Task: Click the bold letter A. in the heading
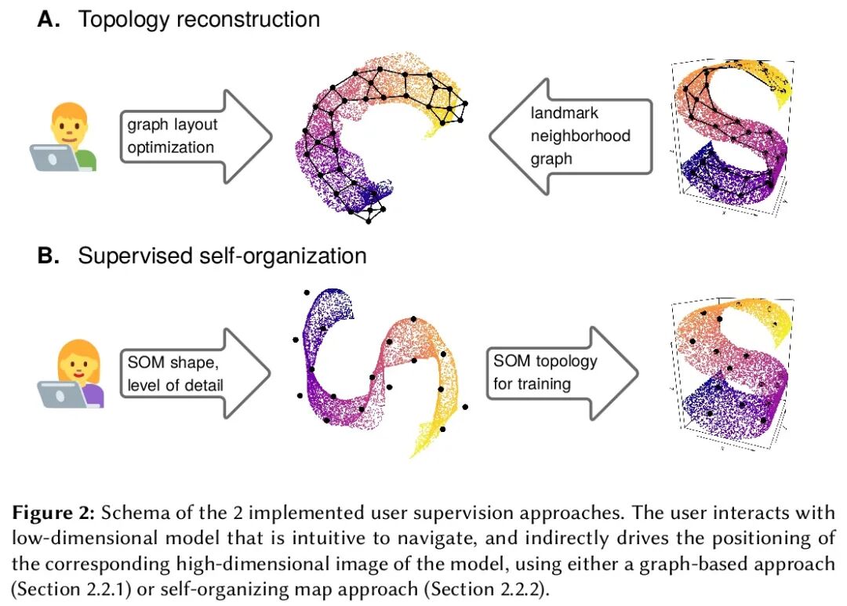coord(49,20)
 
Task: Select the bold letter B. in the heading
coord(49,256)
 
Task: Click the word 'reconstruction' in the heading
coord(249,20)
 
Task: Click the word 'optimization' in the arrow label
coord(170,147)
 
